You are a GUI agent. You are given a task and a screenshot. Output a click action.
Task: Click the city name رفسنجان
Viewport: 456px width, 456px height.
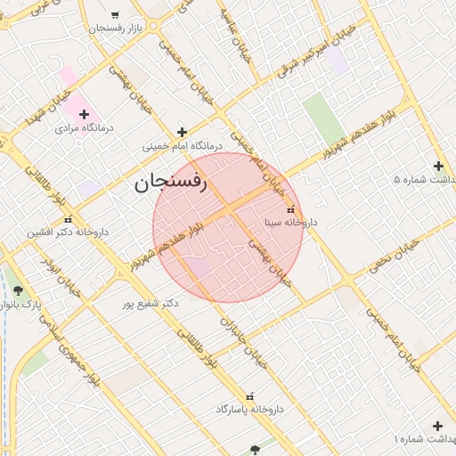170,184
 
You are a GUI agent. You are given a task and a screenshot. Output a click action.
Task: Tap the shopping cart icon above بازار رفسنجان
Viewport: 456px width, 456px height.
115,14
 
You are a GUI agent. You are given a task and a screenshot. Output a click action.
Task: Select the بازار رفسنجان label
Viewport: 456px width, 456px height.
116,28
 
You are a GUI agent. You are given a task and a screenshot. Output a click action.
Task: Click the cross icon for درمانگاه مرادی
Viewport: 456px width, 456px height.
85,114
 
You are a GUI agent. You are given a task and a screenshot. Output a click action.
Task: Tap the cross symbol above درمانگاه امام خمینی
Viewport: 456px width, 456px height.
182,131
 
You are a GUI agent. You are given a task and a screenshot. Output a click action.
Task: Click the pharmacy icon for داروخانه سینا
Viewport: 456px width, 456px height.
291,210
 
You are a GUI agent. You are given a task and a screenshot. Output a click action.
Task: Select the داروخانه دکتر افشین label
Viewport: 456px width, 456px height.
68,232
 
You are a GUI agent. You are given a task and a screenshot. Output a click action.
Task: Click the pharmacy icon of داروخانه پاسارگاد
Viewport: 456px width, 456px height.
249,395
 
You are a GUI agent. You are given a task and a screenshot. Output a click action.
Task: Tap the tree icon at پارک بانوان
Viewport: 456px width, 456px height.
18,290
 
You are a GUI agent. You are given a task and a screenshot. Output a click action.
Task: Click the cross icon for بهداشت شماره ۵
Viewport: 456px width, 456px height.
437,166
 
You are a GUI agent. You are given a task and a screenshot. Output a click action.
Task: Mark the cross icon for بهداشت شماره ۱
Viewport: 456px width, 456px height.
437,426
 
